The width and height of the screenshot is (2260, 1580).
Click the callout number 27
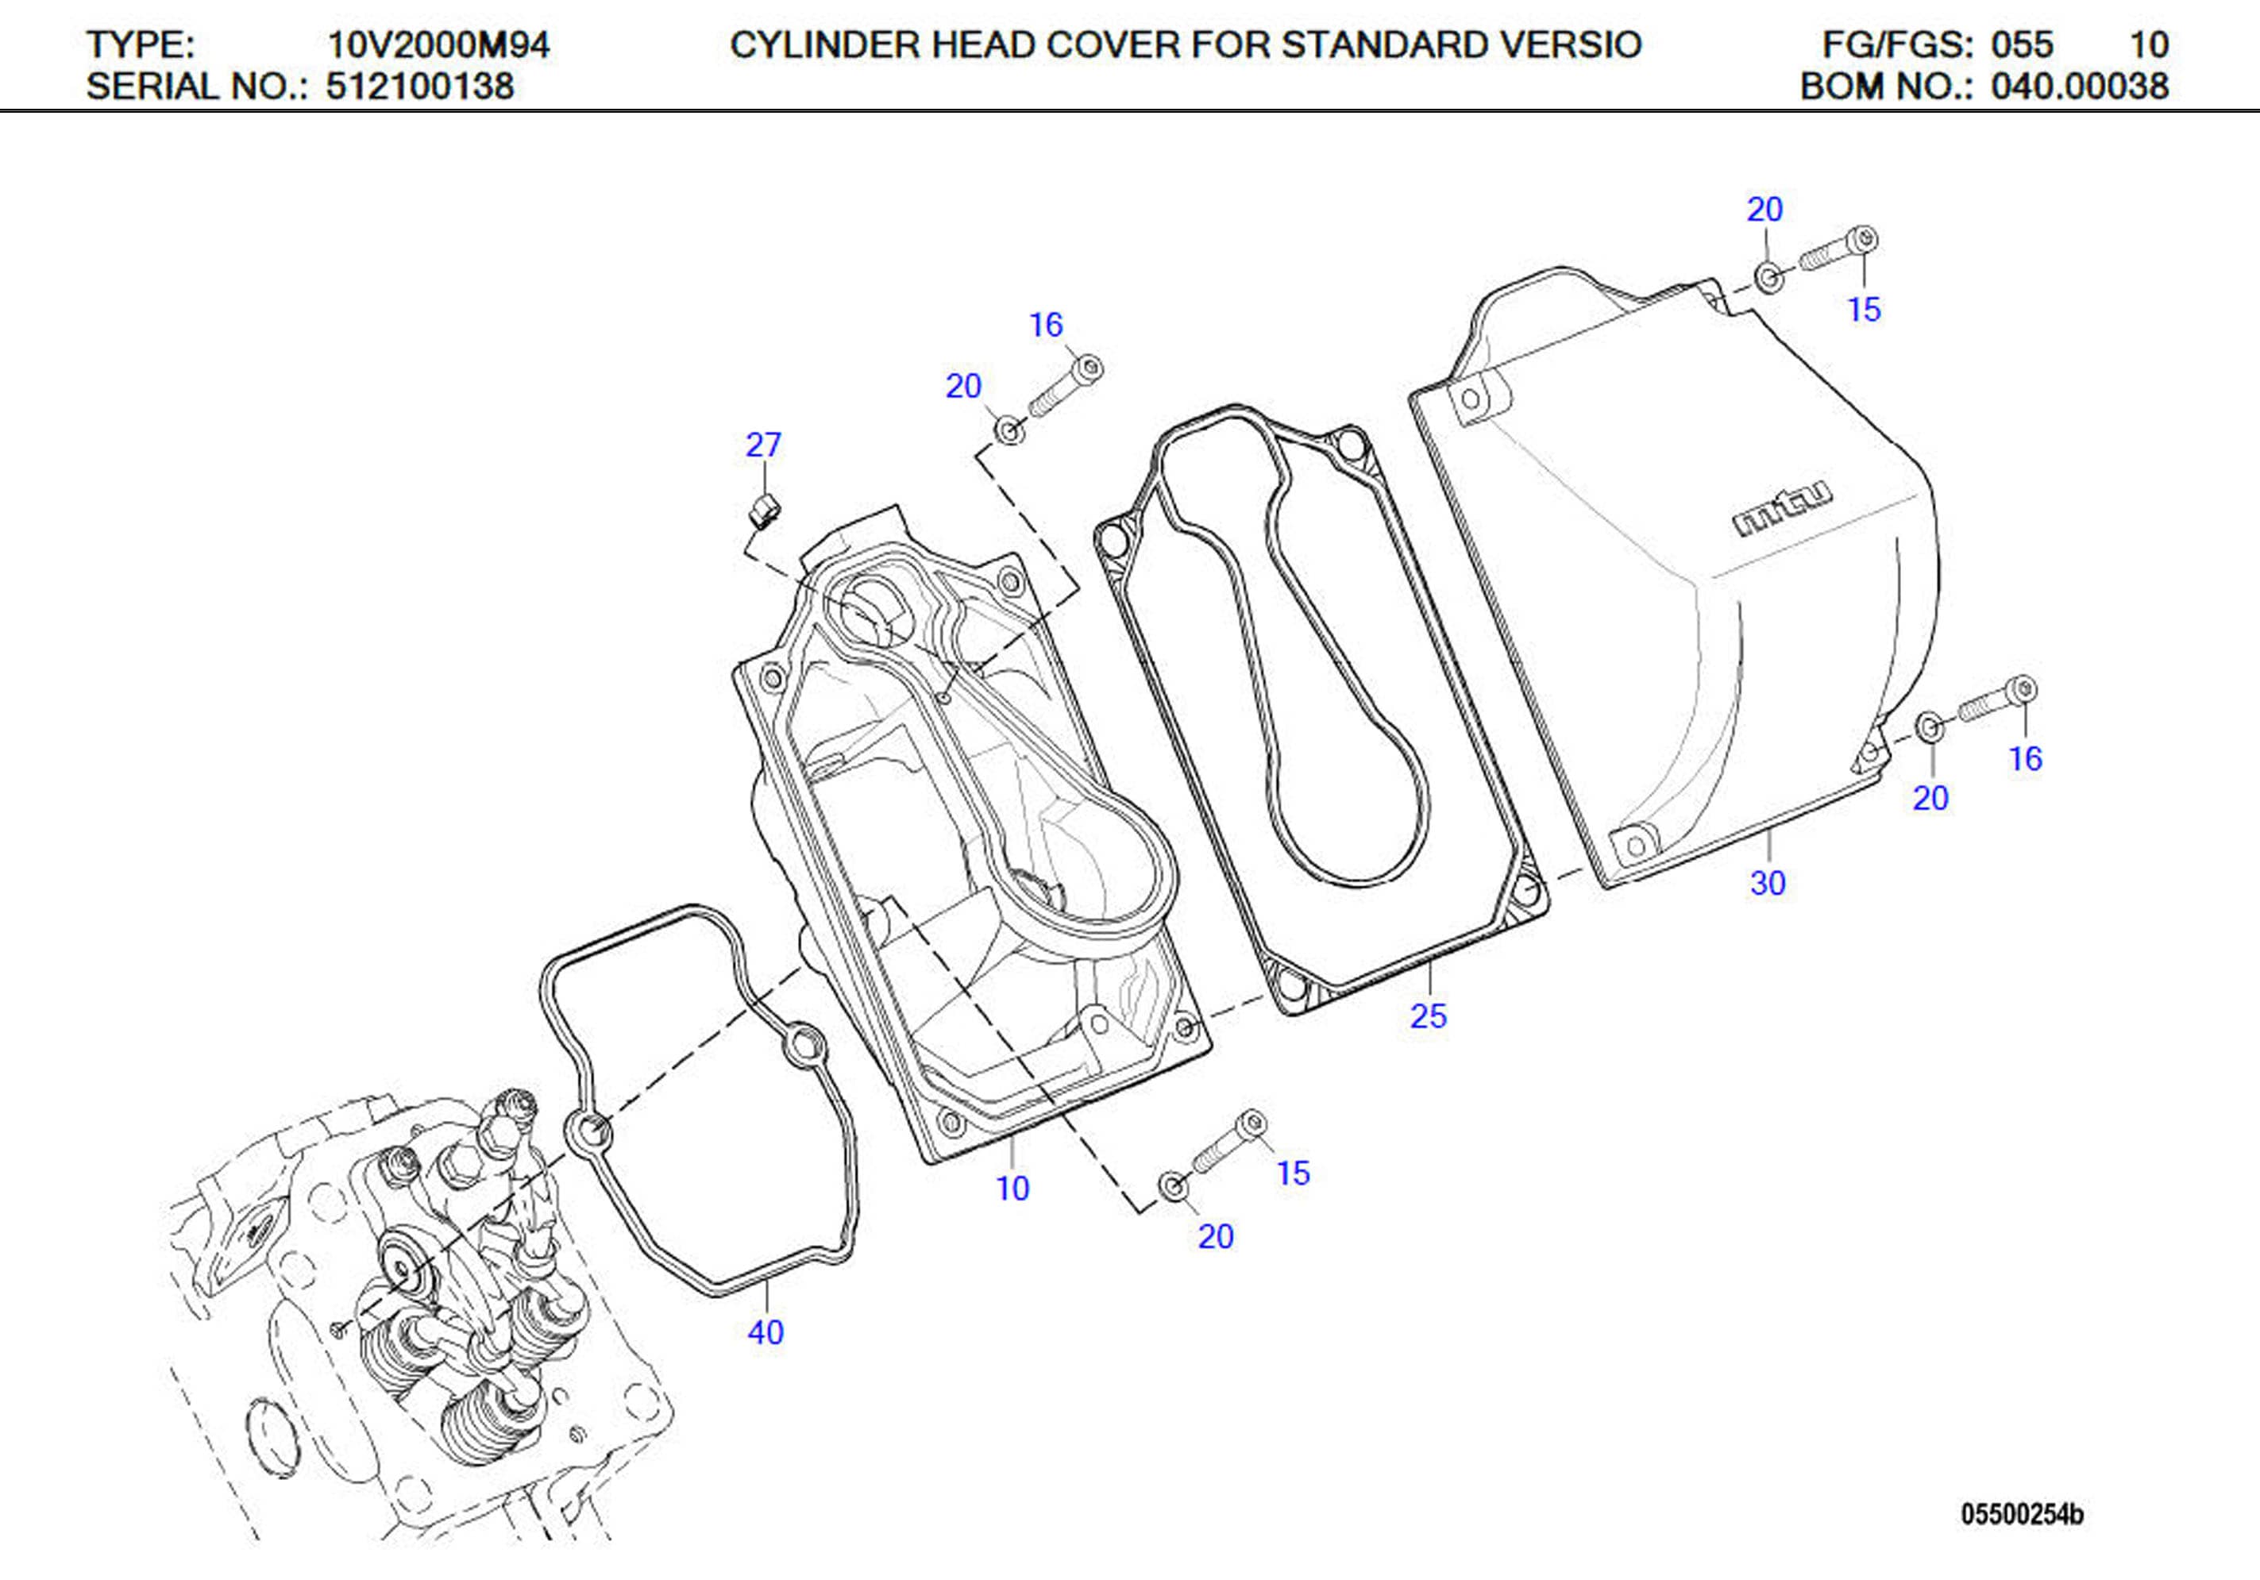pos(763,445)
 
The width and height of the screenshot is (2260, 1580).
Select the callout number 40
pos(765,1332)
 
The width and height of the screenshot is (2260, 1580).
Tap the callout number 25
pos(1429,1016)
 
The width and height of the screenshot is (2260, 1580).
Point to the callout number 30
pos(1767,883)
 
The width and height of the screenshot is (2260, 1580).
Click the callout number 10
pos(1012,1189)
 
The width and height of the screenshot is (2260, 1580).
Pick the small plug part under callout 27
pos(765,510)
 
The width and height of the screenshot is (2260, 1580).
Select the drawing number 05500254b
pos(2022,1514)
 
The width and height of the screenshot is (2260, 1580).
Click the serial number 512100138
pos(419,87)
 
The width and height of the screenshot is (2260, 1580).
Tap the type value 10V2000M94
pos(438,44)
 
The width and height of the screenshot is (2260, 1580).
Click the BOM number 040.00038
pos(2079,87)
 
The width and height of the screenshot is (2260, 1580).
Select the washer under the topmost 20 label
pos(1768,278)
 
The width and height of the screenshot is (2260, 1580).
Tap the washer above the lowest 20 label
pos(1172,1185)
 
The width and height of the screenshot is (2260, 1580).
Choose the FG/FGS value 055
pos(2022,44)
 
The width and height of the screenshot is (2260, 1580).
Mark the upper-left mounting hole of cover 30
pos(1471,399)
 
